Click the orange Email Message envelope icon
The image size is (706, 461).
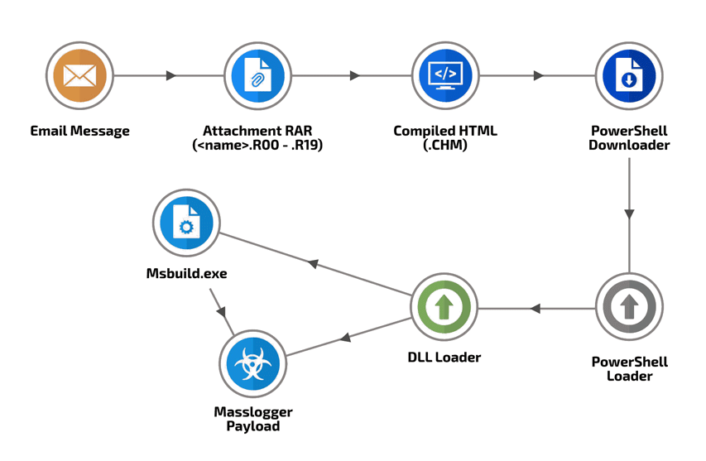point(79,76)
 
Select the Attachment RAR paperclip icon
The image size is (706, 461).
point(258,76)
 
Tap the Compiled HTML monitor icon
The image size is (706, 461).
point(444,76)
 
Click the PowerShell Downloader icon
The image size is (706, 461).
point(629,76)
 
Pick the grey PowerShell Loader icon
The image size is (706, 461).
point(629,307)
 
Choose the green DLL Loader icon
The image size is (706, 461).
point(444,307)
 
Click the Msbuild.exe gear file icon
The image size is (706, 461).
point(186,223)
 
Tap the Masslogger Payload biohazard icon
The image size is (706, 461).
point(252,363)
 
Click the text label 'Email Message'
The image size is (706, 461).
point(79,131)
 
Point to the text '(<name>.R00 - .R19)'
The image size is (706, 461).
point(257,146)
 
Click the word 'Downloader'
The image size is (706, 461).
point(630,146)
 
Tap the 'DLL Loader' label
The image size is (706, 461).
point(444,358)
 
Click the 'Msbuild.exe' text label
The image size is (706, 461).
point(186,273)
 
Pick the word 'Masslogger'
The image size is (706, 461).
point(252,412)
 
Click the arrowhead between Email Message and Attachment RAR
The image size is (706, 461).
point(171,76)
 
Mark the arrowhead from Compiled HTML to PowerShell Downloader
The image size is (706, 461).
point(539,76)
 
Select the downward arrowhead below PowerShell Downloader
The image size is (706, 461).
point(629,214)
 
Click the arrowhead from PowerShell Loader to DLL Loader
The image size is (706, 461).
point(535,309)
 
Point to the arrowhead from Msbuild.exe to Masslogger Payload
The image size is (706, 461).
point(221,312)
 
